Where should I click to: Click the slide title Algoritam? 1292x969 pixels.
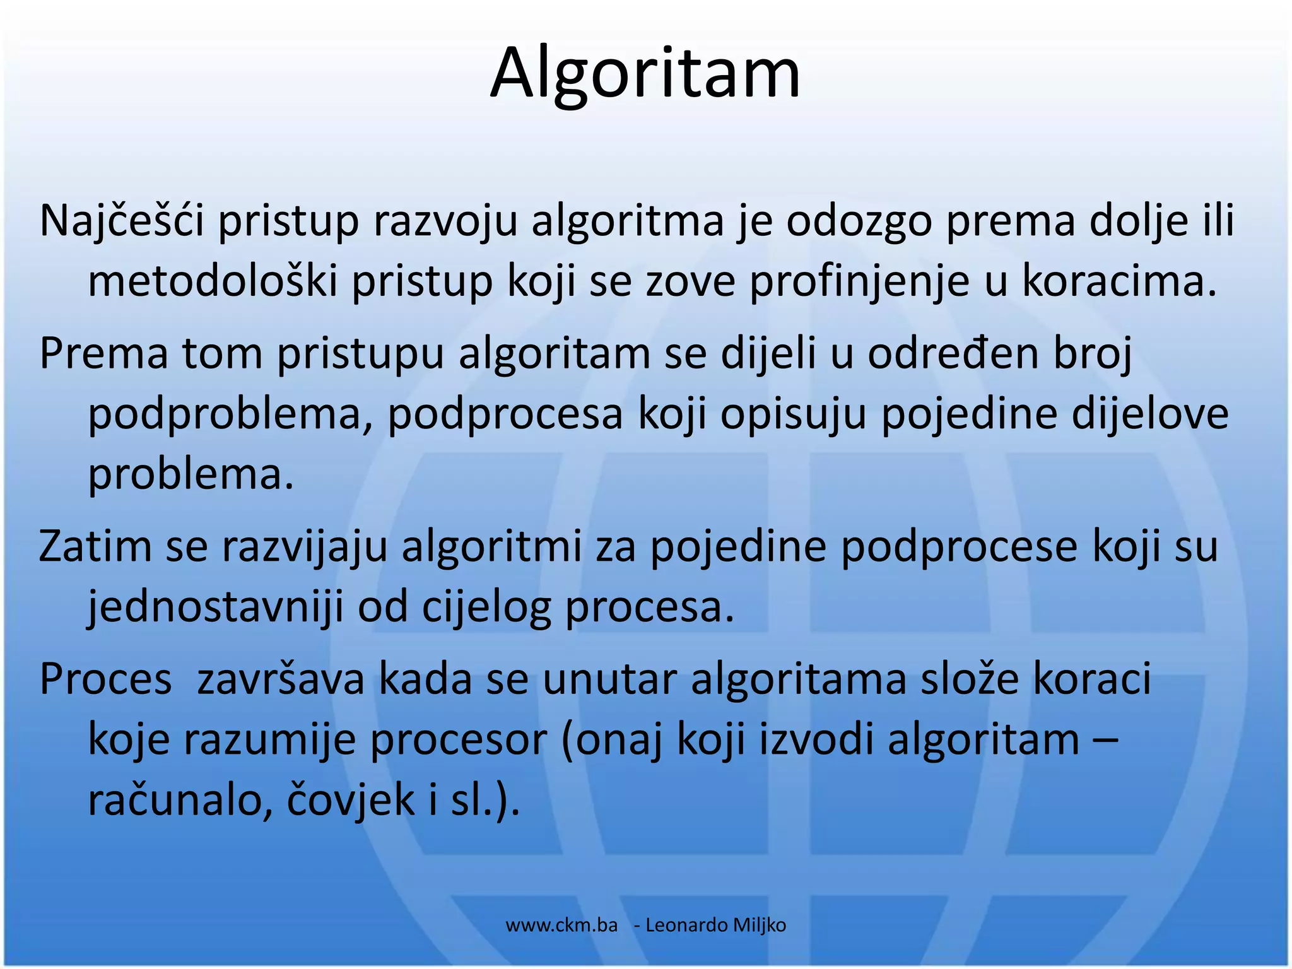[645, 74]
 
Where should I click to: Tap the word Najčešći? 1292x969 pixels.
[121, 221]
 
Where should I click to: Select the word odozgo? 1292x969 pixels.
[859, 221]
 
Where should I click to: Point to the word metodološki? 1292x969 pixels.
[213, 281]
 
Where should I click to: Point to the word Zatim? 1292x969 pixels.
[95, 546]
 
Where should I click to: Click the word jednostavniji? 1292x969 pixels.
[215, 607]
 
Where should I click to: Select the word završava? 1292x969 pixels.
[281, 679]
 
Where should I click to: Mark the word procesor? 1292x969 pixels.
[457, 740]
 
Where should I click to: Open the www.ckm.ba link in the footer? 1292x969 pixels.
[561, 925]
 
